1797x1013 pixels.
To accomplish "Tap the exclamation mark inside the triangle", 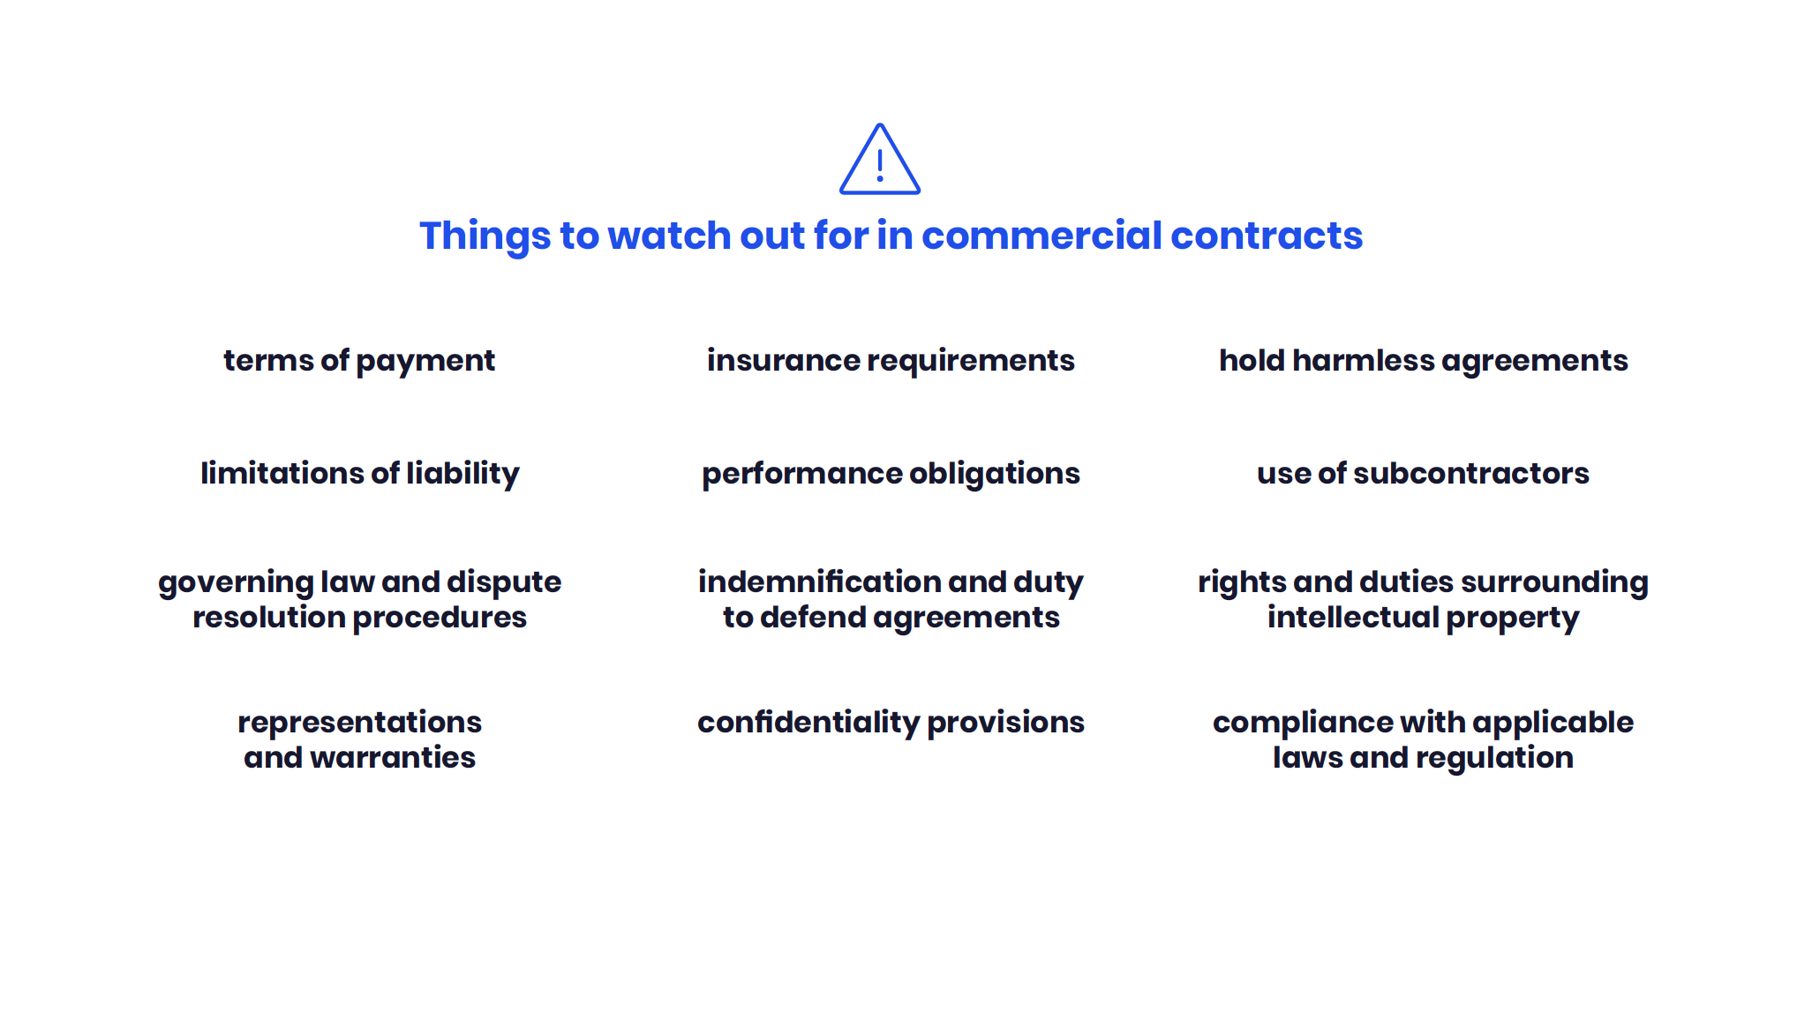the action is [x=880, y=165].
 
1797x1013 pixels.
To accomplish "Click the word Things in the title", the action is [x=485, y=236].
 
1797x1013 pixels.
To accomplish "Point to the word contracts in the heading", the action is [x=1267, y=236].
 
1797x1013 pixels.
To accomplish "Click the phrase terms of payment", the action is [x=359, y=361].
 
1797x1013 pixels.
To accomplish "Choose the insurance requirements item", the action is [x=891, y=361].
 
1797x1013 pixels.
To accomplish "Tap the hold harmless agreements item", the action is [x=1423, y=361].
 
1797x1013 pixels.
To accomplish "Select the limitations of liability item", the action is [x=359, y=474].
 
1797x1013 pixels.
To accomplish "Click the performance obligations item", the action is [x=891, y=474].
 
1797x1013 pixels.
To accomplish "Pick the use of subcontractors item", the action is [x=1423, y=474].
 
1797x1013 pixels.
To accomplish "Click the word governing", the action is [x=236, y=583].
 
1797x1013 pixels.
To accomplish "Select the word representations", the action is [x=359, y=723].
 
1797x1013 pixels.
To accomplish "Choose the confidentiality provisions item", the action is [x=891, y=723].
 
